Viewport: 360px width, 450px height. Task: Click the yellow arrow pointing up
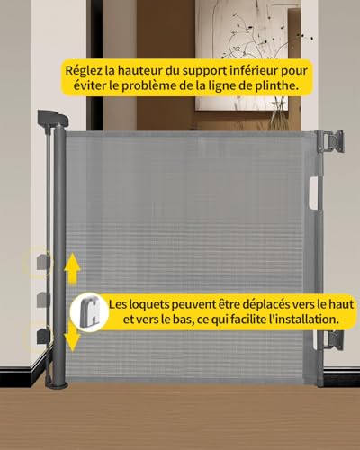pos(72,268)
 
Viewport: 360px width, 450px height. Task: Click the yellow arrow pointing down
pos(72,336)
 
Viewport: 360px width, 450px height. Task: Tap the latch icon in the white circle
pos(89,312)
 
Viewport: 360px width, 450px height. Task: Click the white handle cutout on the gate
pos(312,193)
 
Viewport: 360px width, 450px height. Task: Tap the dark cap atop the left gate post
pos(53,118)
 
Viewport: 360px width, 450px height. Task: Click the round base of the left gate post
pos(57,384)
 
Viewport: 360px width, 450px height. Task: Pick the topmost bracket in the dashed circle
pos(43,262)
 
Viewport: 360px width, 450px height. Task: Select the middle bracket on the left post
pos(43,300)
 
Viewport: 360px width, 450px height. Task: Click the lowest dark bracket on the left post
pos(43,336)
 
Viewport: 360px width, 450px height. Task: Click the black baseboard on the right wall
pos(342,375)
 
